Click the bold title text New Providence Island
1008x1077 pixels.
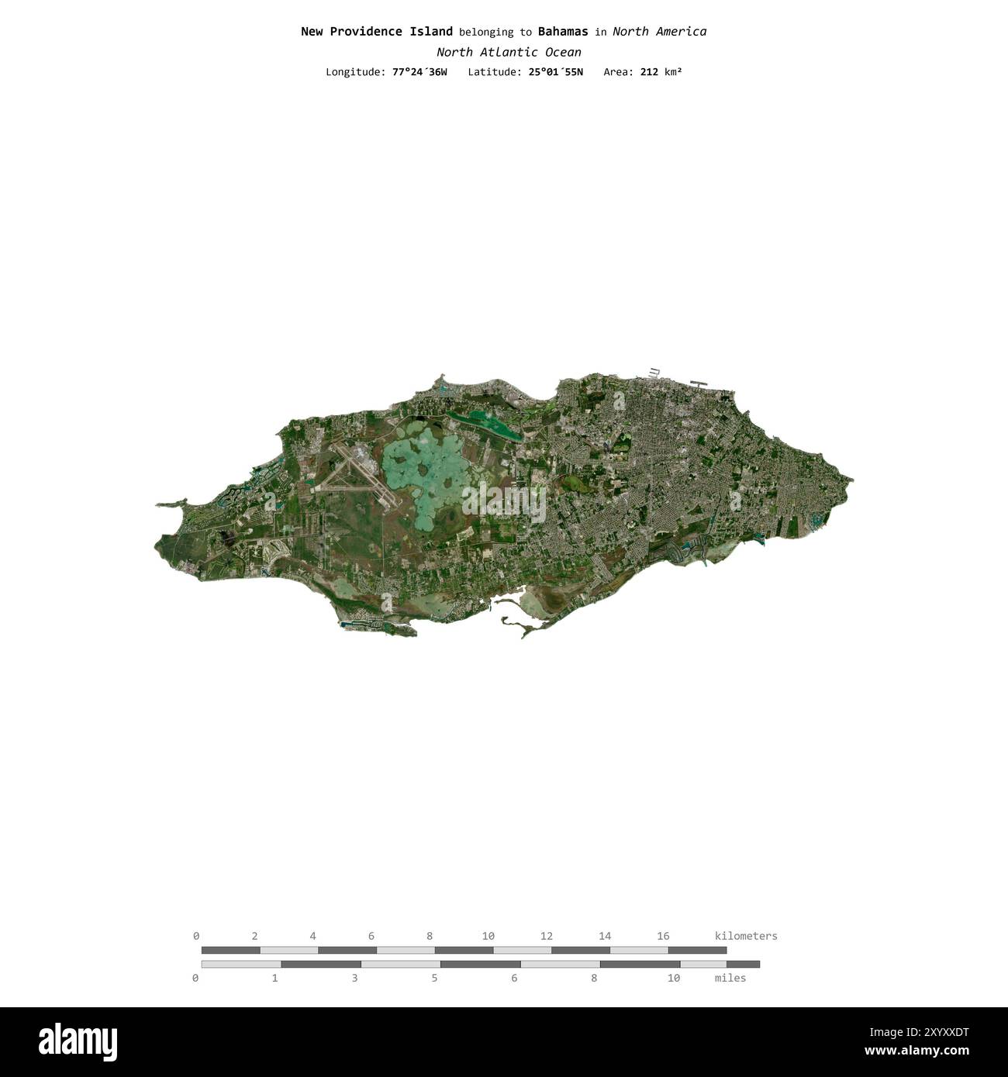click(376, 32)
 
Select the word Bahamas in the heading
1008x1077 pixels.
click(563, 32)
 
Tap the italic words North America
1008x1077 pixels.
click(659, 32)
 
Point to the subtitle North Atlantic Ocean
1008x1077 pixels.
click(509, 53)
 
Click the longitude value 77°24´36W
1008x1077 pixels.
click(419, 72)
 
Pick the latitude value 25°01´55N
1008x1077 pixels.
click(554, 72)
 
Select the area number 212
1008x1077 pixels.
click(649, 72)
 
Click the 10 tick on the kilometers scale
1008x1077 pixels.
click(488, 936)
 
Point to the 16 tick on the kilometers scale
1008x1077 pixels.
click(663, 936)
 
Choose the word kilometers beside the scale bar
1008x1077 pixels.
click(745, 936)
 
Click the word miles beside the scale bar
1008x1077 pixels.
click(730, 979)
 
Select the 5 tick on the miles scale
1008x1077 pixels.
click(434, 979)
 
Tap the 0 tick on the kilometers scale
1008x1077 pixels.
click(196, 936)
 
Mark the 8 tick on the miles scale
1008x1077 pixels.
click(594, 979)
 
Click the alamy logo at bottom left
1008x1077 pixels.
click(78, 1041)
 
